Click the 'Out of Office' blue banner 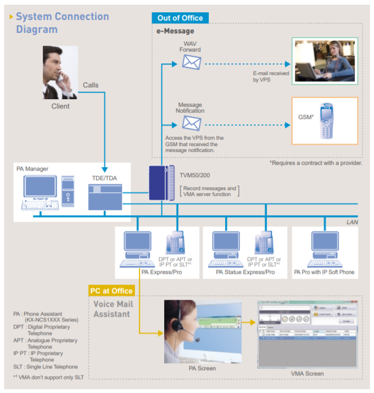(x=181, y=18)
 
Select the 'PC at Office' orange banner (x=111, y=290)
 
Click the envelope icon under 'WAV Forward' (x=191, y=63)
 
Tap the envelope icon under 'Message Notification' (x=191, y=123)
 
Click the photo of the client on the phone (x=60, y=73)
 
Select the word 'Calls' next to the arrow (x=91, y=85)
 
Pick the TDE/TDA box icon (x=104, y=197)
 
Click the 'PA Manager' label (x=33, y=169)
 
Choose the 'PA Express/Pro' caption (x=161, y=272)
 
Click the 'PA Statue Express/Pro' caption (x=245, y=272)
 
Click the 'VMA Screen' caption (x=307, y=374)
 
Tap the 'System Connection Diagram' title (x=62, y=23)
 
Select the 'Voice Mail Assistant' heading (x=114, y=309)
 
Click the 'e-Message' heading (x=175, y=31)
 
